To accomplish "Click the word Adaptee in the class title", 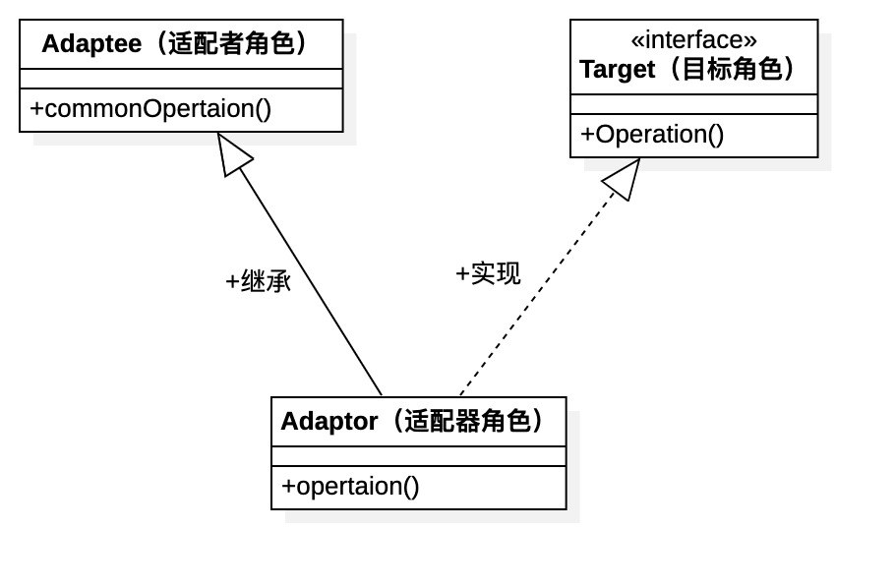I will (90, 44).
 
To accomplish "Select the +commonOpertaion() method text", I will (150, 109).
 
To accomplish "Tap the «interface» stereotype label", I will (693, 39).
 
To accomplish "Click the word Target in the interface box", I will (617, 70).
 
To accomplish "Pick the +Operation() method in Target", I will (652, 135).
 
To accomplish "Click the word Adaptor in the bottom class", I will (328, 422).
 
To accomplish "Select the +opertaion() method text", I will (350, 486).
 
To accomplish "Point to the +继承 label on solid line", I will (259, 282).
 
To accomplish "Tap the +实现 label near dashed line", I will (488, 274).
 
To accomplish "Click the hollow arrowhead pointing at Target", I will (622, 179).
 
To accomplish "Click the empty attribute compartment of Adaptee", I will (181, 79).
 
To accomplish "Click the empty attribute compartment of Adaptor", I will (418, 456).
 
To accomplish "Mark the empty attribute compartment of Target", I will (693, 104).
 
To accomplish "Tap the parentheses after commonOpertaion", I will (263, 109).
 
